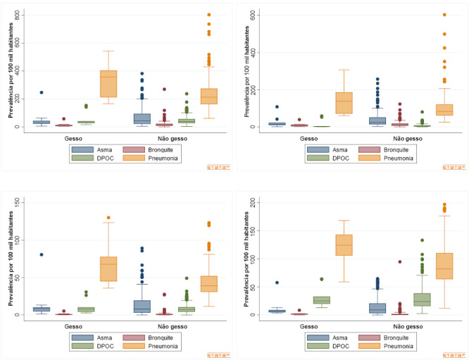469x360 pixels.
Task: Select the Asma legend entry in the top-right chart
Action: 323,149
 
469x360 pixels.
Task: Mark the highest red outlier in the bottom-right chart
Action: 399,261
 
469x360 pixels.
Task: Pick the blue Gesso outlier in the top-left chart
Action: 41,92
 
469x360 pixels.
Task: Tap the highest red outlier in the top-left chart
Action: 164,89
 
